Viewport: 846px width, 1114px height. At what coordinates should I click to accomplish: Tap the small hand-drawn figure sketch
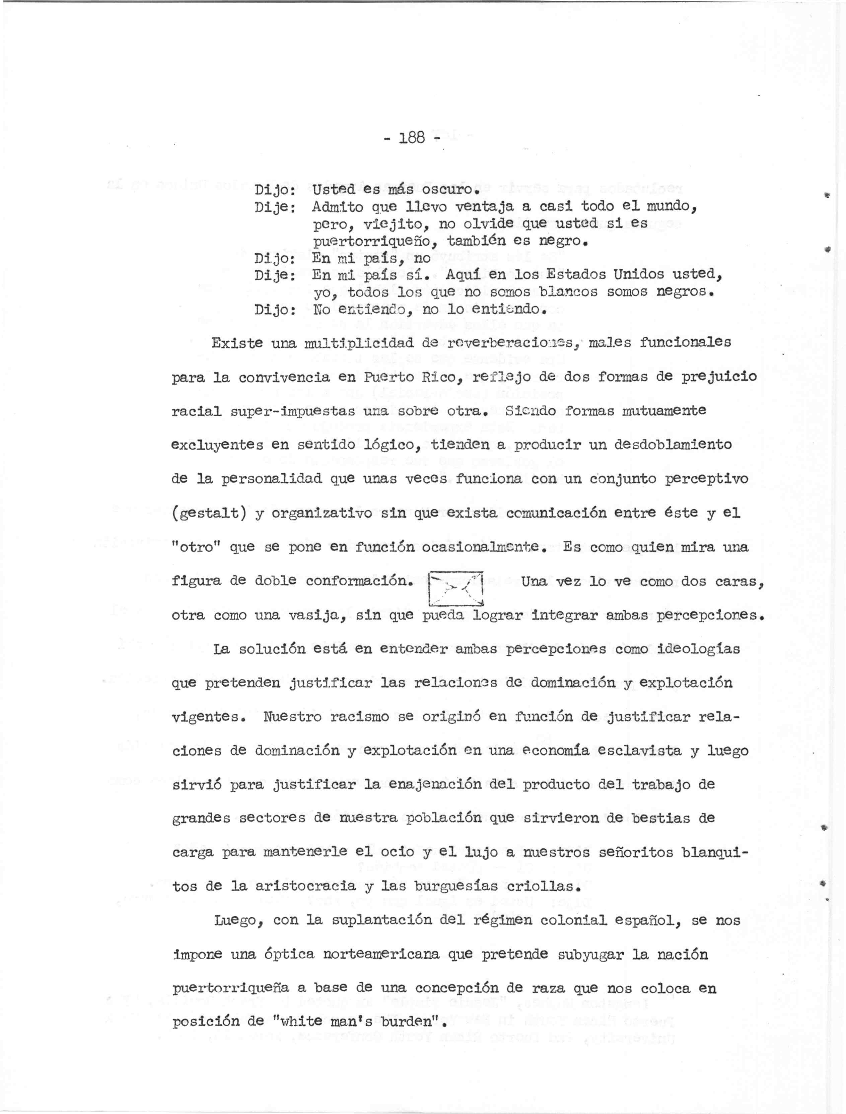[455, 588]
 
